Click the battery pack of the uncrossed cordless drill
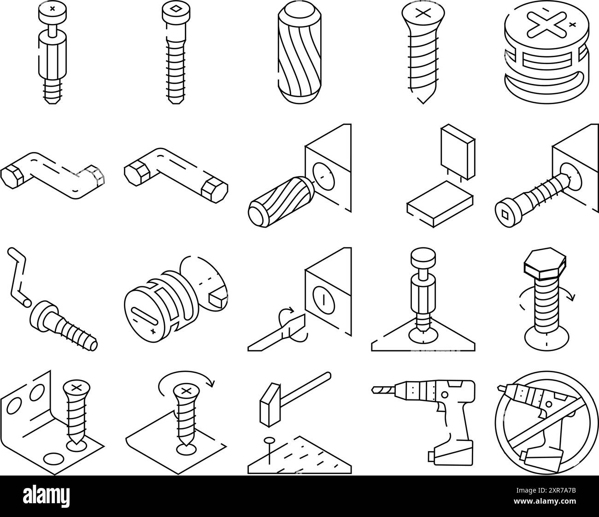tap(450, 451)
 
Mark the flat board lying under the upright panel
tap(440, 203)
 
